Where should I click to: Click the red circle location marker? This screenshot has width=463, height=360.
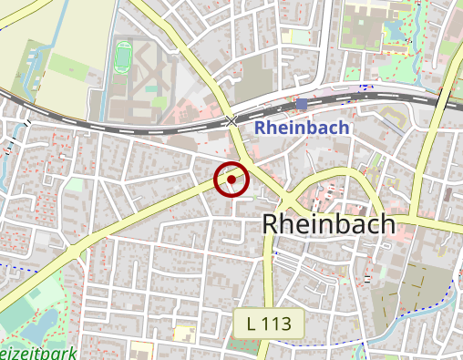pos(231,180)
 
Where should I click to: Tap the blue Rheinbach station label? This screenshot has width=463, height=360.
pos(302,128)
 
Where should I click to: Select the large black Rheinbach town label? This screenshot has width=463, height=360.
pos(329,224)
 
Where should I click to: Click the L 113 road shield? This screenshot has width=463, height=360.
pos(268,323)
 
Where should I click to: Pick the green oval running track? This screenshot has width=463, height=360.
pos(123,57)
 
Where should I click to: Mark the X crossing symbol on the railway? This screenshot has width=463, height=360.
pos(231,120)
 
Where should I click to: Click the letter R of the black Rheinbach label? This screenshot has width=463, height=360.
pos(272,224)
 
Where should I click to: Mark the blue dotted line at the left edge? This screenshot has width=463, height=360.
pos(7,264)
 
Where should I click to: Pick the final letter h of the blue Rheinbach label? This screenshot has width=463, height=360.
pos(344,128)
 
